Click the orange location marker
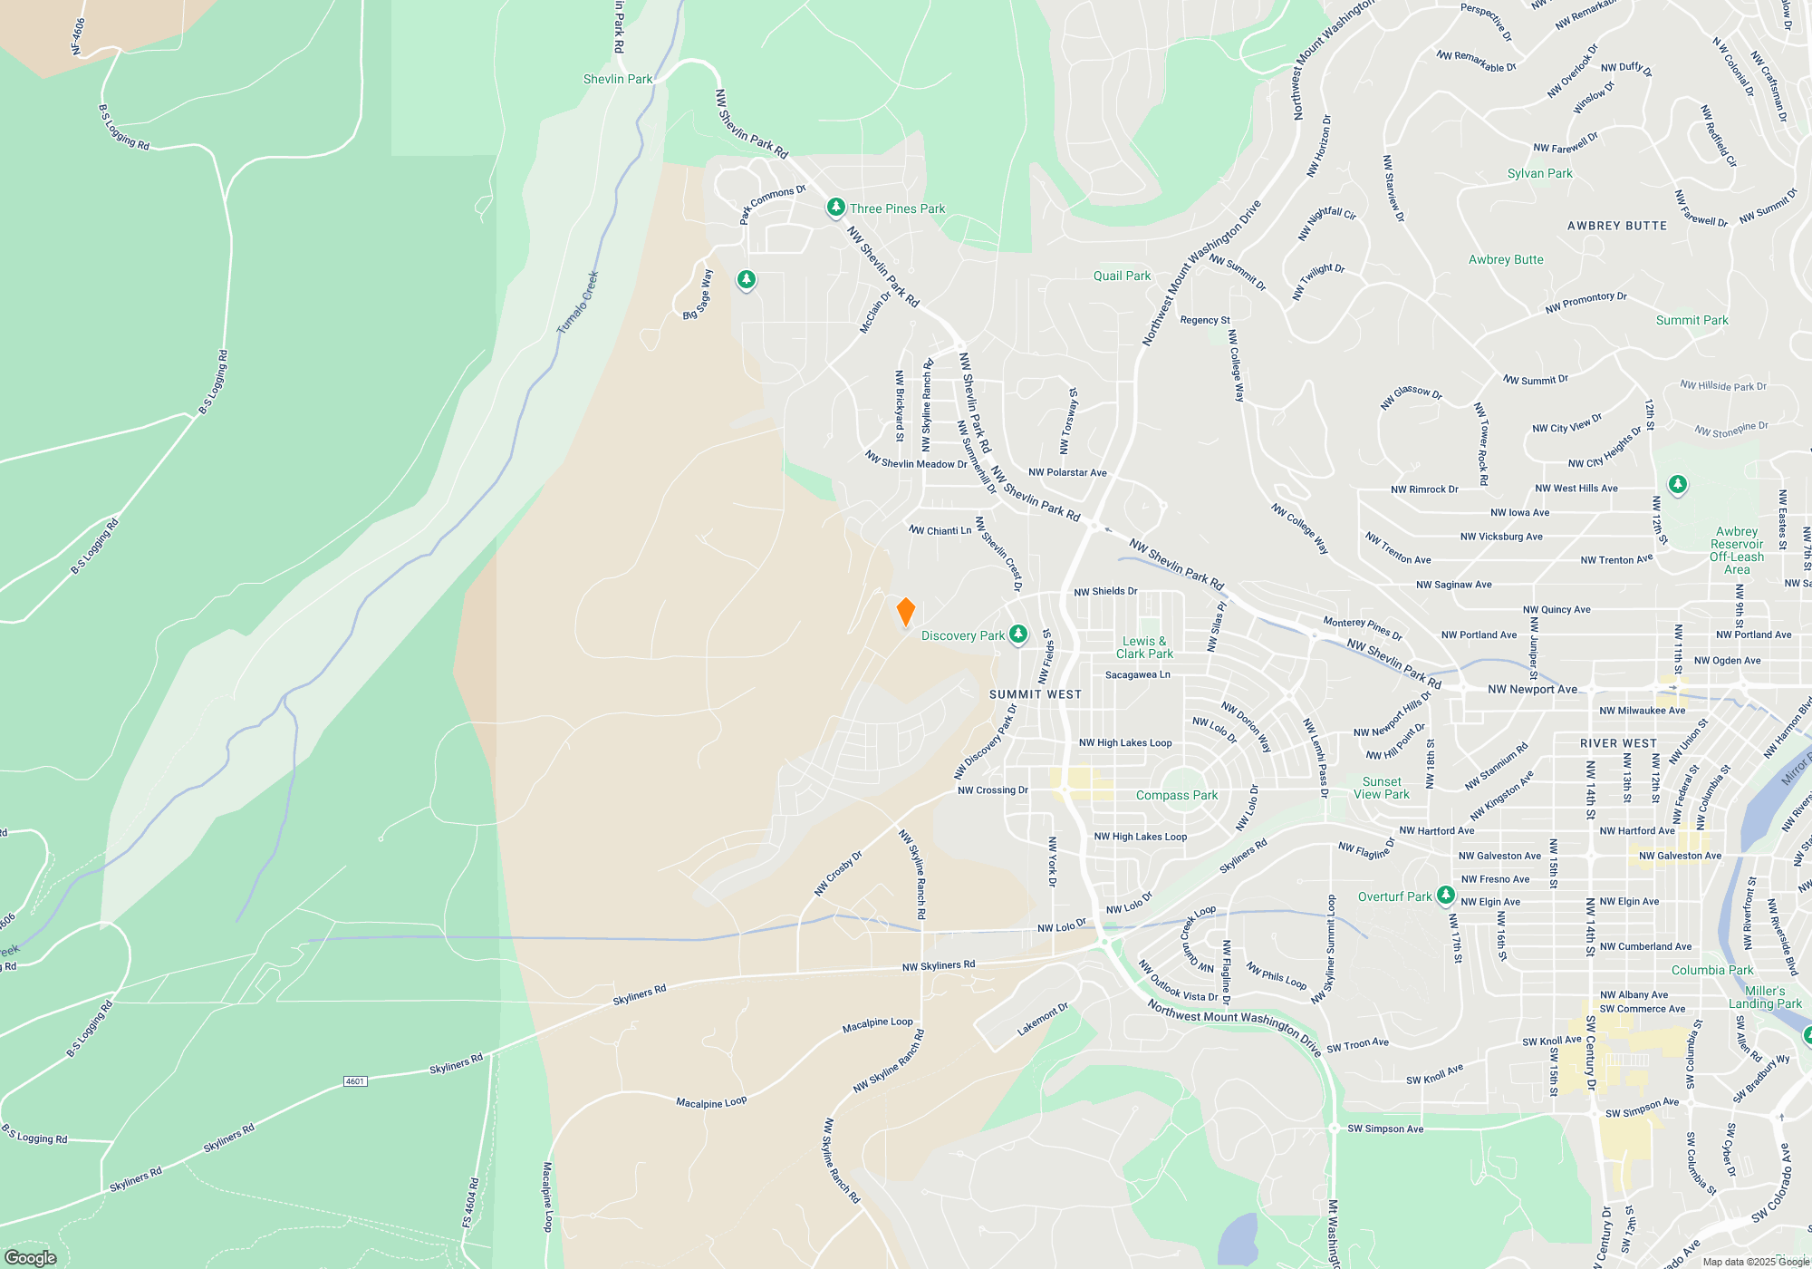pos(905,612)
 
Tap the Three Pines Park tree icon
pos(835,208)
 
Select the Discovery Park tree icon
pos(1018,634)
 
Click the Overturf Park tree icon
pos(1445,896)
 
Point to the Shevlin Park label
pos(618,79)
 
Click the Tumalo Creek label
pos(578,303)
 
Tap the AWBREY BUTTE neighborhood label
pos(1617,226)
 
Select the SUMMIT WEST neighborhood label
pos(1036,694)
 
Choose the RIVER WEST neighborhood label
pos(1618,743)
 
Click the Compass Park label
pos(1177,795)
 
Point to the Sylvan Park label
pos(1539,173)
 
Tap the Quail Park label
pos(1122,276)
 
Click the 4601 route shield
pos(354,1081)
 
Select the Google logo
pos(31,1257)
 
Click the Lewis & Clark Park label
pos(1144,647)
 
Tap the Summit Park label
pos(1692,320)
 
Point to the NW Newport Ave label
pos(1532,689)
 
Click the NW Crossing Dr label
pos(993,790)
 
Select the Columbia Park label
pos(1712,970)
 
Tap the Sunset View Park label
pos(1382,788)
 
